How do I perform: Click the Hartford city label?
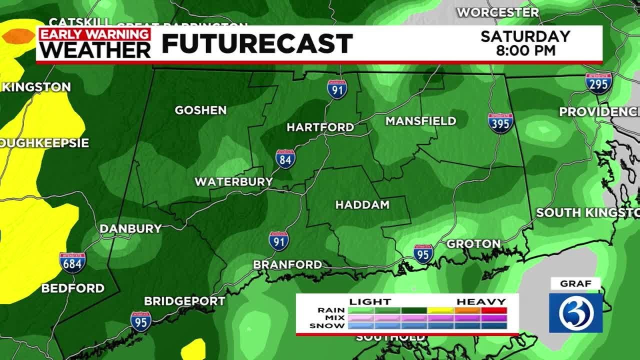click(320, 127)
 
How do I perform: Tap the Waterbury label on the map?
click(233, 181)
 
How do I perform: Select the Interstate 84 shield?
click(285, 158)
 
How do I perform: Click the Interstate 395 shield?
click(500, 123)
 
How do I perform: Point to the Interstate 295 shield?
click(598, 83)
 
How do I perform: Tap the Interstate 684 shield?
click(72, 262)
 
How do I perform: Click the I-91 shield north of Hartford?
click(337, 89)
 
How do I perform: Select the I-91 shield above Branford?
click(278, 241)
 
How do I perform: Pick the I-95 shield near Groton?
click(423, 254)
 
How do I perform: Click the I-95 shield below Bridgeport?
click(141, 321)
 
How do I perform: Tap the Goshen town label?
click(200, 110)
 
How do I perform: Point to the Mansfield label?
click(420, 121)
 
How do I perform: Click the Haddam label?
click(362, 205)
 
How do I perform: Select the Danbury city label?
click(130, 229)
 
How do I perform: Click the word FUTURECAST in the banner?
click(257, 44)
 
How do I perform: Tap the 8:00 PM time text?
click(525, 50)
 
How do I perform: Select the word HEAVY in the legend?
click(481, 301)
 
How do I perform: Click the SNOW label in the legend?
click(327, 326)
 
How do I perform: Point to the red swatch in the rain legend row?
click(494, 310)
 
